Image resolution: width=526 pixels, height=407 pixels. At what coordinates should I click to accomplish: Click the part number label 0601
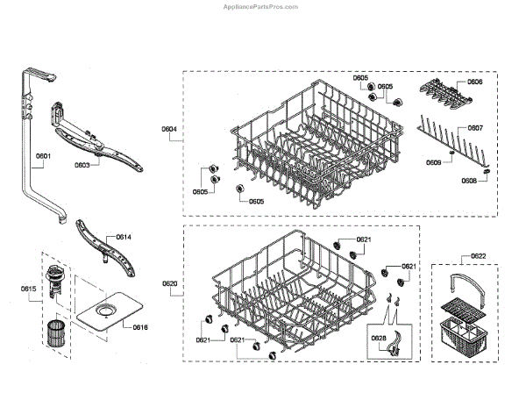[43, 158]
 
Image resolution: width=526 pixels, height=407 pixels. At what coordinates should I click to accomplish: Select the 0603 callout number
[82, 164]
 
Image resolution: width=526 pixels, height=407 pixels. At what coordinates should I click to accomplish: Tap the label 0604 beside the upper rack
[169, 130]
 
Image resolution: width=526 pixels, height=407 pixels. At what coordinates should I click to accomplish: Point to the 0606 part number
[474, 82]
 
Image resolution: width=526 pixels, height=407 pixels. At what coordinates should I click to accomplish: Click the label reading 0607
[474, 128]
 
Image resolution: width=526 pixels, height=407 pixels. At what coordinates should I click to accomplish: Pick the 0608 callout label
[469, 180]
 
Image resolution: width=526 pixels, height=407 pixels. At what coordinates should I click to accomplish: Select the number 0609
[433, 162]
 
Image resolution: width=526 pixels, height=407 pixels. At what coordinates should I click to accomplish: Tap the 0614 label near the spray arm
[124, 237]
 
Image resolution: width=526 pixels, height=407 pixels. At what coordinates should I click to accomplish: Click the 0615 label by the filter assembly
[29, 288]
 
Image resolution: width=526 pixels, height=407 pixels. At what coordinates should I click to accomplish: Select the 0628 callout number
[378, 337]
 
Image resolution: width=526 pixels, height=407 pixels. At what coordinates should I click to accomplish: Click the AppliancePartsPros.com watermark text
[263, 5]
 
